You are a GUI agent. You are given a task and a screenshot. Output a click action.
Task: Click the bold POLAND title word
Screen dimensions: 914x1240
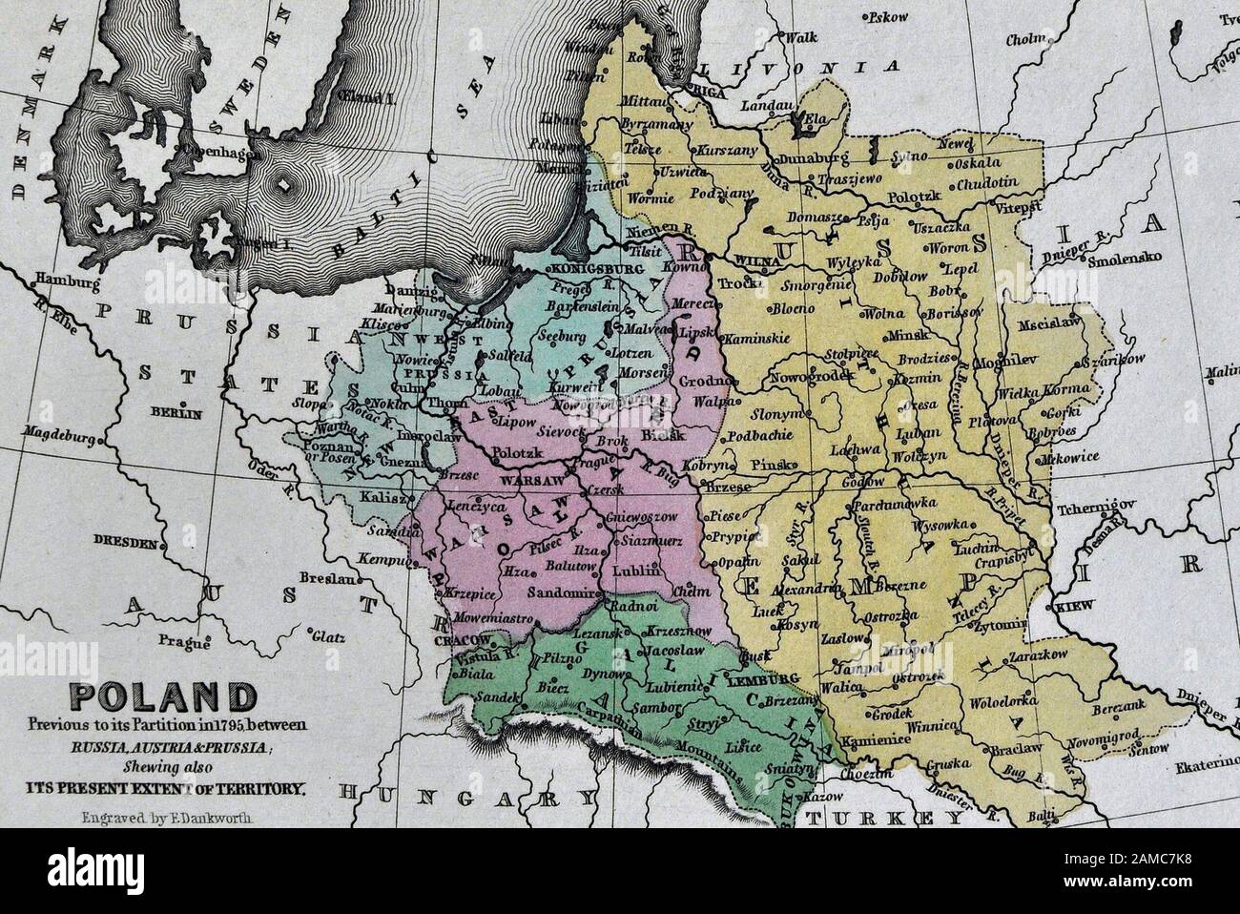coord(154,693)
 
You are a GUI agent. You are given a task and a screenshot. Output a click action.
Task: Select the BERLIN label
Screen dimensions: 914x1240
coord(181,414)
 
